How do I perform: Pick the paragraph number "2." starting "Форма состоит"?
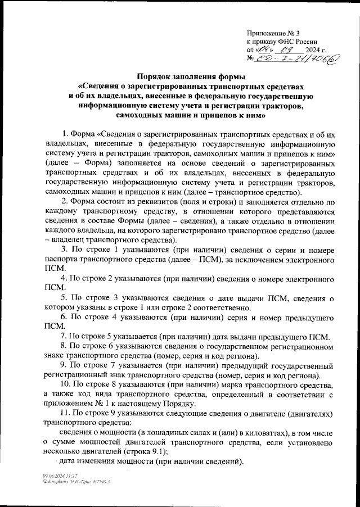(x=65, y=202)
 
